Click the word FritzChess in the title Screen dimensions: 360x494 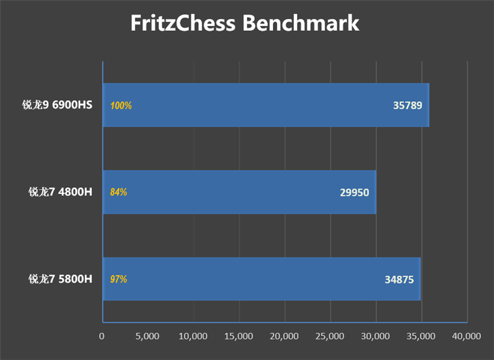tap(183, 23)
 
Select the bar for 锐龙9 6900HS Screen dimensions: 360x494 tap(266, 105)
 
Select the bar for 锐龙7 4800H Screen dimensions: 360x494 tap(239, 192)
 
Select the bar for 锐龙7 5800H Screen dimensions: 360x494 tap(261, 279)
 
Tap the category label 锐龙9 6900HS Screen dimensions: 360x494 tap(60, 105)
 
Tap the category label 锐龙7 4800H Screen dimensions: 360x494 tap(60, 192)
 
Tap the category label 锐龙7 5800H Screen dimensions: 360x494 tap(60, 279)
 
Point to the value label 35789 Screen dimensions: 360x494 tap(408, 106)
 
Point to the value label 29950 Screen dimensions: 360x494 tap(354, 193)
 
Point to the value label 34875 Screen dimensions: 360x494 tap(399, 280)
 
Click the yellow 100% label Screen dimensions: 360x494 tap(121, 106)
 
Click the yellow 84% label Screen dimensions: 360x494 tap(119, 193)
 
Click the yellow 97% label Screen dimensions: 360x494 tap(119, 280)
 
